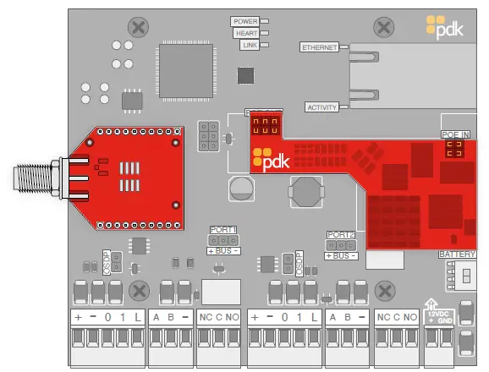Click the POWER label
244,21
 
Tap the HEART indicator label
245,33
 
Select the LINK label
249,45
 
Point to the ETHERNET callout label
319,47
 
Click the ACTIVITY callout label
321,107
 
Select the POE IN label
454,134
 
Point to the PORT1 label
223,229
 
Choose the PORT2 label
341,234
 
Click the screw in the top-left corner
135,27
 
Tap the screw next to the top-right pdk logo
383,27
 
